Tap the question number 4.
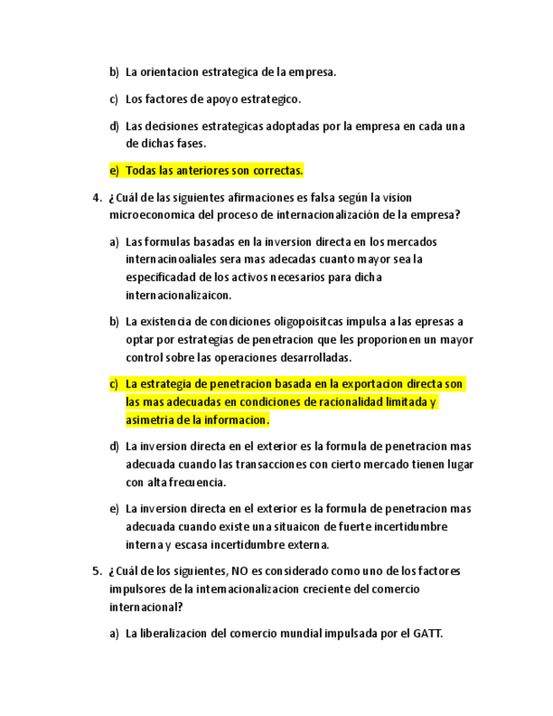(95, 198)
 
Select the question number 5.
(95, 572)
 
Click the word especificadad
(162, 277)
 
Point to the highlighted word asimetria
(149, 420)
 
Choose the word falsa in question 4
(318, 198)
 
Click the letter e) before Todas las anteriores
(114, 171)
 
